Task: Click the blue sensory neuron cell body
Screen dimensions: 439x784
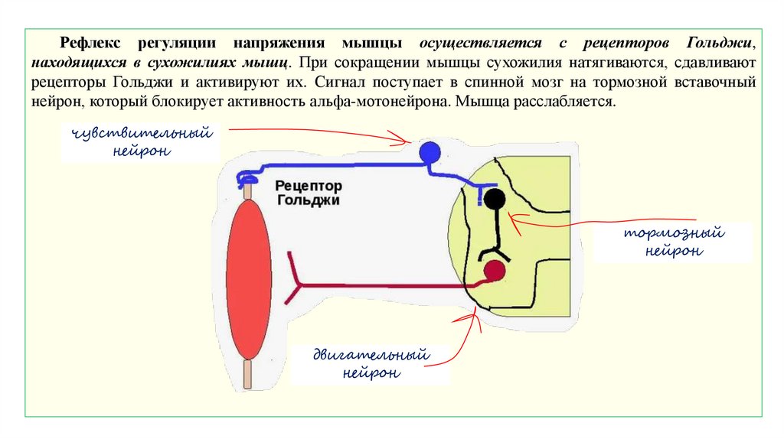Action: pos(430,151)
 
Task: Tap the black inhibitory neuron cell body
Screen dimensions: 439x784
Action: pos(494,200)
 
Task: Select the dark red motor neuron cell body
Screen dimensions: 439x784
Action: pos(495,270)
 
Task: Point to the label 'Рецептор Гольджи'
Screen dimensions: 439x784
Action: pos(308,193)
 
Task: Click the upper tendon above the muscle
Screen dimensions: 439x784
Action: pos(247,190)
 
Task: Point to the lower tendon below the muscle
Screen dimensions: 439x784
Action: pos(247,376)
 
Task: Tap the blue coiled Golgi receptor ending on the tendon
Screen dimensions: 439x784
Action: pos(247,179)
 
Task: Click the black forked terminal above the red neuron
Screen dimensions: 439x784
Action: pos(489,253)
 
